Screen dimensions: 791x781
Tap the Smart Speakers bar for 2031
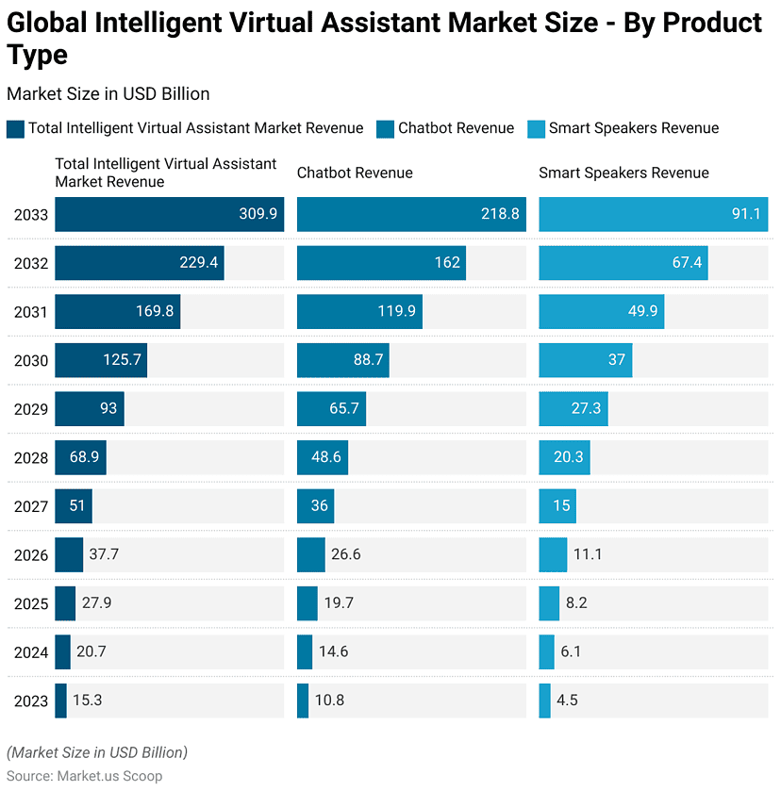[601, 312]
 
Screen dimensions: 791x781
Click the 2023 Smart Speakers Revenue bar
[544, 700]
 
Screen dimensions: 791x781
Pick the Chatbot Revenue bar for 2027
[315, 506]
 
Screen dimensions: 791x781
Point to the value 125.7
[122, 360]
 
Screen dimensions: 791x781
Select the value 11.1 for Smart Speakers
[589, 554]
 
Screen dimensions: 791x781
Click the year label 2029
[30, 409]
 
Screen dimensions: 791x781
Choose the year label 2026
[30, 555]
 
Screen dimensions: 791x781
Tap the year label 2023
[30, 701]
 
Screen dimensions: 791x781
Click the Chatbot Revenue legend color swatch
[384, 129]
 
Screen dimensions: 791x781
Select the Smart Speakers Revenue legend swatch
[535, 129]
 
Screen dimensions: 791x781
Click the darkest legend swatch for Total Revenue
[15, 129]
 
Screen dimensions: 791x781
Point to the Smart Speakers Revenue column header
[623, 173]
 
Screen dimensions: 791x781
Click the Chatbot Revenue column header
[355, 173]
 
